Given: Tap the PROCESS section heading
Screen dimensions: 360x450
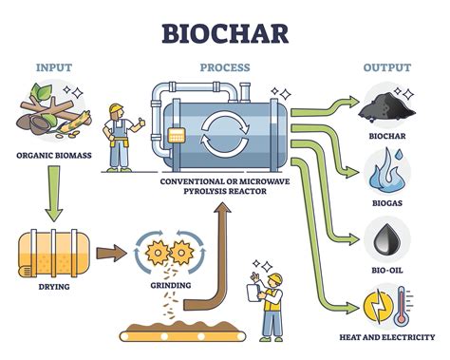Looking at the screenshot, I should [224, 67].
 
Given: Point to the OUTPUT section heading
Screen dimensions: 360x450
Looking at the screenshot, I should [386, 67].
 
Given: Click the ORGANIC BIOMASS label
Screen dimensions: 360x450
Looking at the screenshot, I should [53, 155].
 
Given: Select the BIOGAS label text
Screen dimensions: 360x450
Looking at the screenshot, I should [386, 201].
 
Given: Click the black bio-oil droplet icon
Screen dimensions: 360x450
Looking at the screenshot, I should [386, 238].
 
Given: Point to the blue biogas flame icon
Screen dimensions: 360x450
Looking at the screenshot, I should [386, 171].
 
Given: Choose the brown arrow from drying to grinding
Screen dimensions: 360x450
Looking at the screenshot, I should [109, 253].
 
